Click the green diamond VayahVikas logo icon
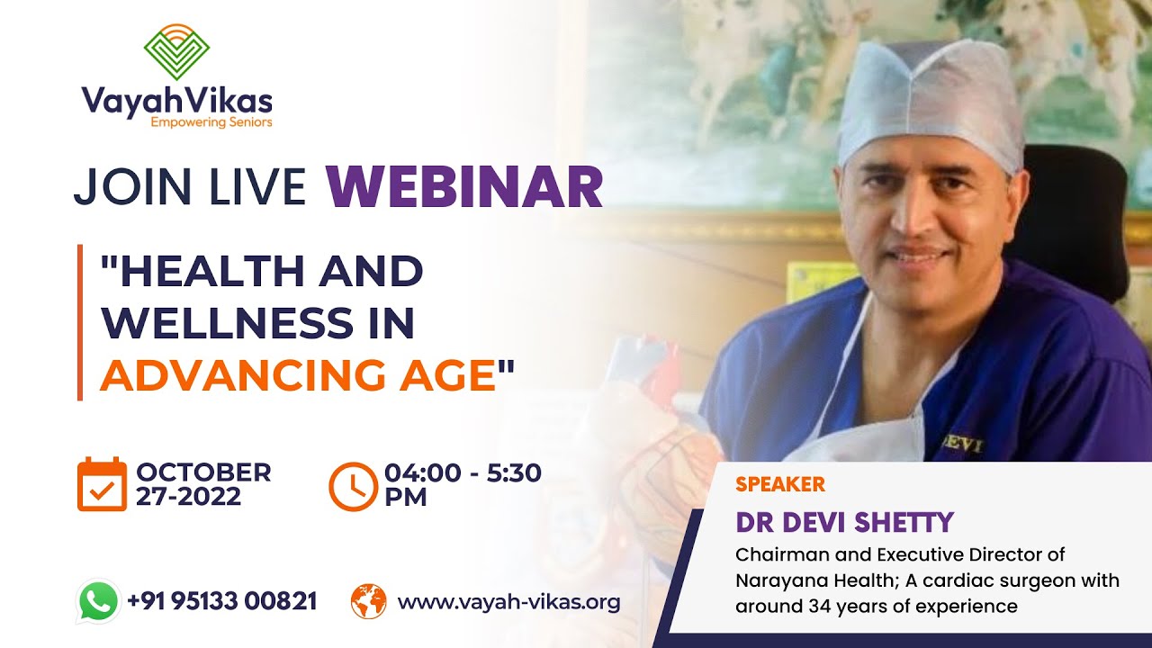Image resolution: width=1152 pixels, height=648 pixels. (176, 51)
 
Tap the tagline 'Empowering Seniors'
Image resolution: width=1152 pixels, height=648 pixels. (211, 121)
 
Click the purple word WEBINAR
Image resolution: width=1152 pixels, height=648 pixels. (464, 186)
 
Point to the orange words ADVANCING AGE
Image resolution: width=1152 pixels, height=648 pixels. (298, 374)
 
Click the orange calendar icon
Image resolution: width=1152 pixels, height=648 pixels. (102, 484)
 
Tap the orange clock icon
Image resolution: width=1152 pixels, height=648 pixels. (353, 485)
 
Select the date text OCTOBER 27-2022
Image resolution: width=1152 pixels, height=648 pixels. (202, 484)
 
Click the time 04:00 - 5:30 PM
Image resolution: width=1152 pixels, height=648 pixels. (462, 484)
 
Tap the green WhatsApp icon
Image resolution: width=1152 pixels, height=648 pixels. (99, 601)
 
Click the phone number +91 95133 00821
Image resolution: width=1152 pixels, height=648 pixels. (221, 601)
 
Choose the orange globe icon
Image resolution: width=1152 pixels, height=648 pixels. (368, 601)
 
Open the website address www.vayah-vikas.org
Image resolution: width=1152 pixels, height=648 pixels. (508, 601)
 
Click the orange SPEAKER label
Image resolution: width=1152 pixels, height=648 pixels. (779, 484)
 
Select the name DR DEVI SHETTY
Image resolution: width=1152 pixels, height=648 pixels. (843, 522)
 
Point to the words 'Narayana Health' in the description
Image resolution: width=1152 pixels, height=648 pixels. (798, 580)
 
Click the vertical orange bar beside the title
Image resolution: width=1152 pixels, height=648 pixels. (80, 322)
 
